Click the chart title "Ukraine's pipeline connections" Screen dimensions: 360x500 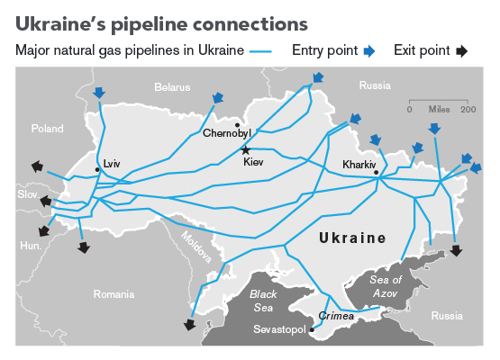tap(159, 20)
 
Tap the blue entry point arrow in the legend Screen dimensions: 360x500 tap(368, 51)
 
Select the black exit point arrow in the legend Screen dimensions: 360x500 tap(461, 51)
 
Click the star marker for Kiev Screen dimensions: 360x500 tap(245, 150)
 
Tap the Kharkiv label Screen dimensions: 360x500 tap(358, 165)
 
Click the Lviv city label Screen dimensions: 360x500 tap(112, 164)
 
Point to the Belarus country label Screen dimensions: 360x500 tap(172, 87)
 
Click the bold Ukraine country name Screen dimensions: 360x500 tap(351, 238)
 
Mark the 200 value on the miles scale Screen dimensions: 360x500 tap(468, 109)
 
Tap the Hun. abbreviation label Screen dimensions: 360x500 tap(31, 245)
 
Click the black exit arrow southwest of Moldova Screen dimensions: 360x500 tap(189, 325)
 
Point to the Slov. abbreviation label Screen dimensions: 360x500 tap(27, 194)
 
